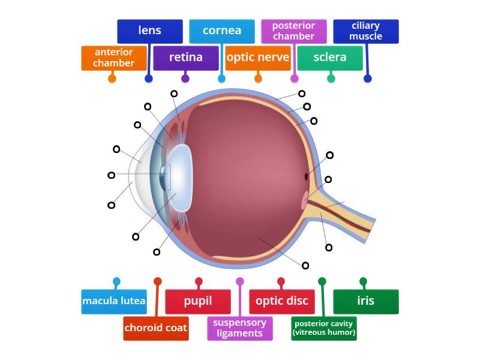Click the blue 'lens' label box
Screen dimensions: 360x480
(149, 31)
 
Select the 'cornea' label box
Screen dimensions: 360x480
(222, 31)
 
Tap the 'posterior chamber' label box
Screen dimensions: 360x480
(293, 31)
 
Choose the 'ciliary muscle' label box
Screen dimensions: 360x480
(365, 31)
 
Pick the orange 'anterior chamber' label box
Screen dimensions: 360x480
(114, 58)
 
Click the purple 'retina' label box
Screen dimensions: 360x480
(185, 58)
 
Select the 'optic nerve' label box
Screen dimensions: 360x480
(257, 58)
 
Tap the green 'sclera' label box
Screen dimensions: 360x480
(330, 58)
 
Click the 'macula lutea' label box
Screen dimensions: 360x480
(114, 302)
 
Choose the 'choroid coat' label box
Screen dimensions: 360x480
(156, 328)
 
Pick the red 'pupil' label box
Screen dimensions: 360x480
(198, 302)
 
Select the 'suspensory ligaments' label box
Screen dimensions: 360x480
(240, 328)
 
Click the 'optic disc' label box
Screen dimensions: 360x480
(281, 302)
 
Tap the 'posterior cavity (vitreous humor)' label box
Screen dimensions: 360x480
(324, 328)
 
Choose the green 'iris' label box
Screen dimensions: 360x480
(365, 302)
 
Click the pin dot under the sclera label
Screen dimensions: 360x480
(331, 79)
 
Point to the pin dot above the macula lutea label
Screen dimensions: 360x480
(116, 281)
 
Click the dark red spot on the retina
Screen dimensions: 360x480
(307, 176)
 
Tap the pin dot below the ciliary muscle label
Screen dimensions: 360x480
(368, 79)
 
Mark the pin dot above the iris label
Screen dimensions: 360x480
(363, 281)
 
